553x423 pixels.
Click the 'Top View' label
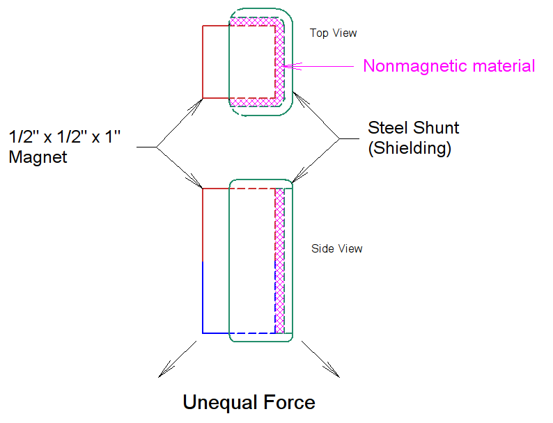pyautogui.click(x=334, y=33)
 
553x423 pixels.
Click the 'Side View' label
pyautogui.click(x=337, y=248)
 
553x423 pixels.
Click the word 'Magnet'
pyautogui.click(x=38, y=157)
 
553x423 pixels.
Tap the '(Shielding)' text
pyautogui.click(x=410, y=148)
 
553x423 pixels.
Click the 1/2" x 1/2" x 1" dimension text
pyautogui.click(x=65, y=136)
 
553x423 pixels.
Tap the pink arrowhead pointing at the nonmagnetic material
pyautogui.click(x=292, y=66)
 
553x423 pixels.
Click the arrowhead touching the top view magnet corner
pyautogui.click(x=196, y=106)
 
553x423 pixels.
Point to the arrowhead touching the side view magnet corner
pyautogui.click(x=196, y=181)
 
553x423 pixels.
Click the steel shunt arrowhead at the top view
pyautogui.click(x=300, y=99)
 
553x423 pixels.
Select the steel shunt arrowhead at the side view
pyautogui.click(x=299, y=175)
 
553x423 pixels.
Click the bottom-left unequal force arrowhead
pyautogui.click(x=165, y=370)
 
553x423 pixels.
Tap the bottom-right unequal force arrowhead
pyautogui.click(x=332, y=370)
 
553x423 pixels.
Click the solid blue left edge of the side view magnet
pyautogui.click(x=203, y=297)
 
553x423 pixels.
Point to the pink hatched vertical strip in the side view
pyautogui.click(x=280, y=261)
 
